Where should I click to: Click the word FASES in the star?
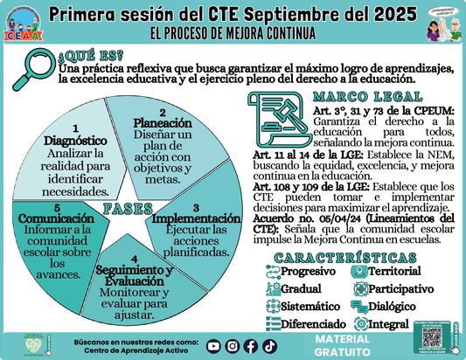(129, 208)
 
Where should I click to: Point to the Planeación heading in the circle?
(162, 123)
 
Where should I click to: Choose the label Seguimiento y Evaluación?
(134, 276)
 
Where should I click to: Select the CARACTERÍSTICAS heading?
(345, 258)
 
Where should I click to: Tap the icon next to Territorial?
(358, 272)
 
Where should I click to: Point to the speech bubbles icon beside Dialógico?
(358, 307)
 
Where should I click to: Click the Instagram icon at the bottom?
(233, 344)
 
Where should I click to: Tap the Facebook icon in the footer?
(250, 344)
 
